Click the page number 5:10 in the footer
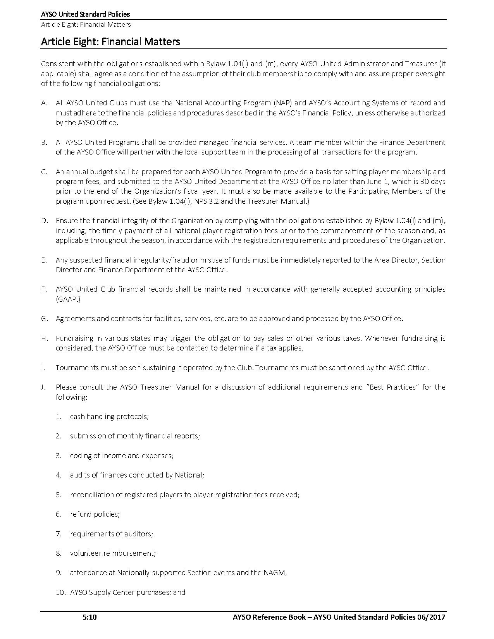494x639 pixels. (x=90, y=617)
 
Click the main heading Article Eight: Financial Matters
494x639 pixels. (x=110, y=41)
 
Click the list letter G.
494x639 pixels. (x=44, y=319)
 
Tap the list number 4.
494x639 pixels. (x=59, y=475)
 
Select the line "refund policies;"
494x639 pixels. (x=95, y=514)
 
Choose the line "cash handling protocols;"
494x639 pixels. (x=109, y=417)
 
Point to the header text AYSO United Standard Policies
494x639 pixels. (x=85, y=14)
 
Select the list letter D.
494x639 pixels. (x=44, y=221)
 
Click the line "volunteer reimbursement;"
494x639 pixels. (x=113, y=553)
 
